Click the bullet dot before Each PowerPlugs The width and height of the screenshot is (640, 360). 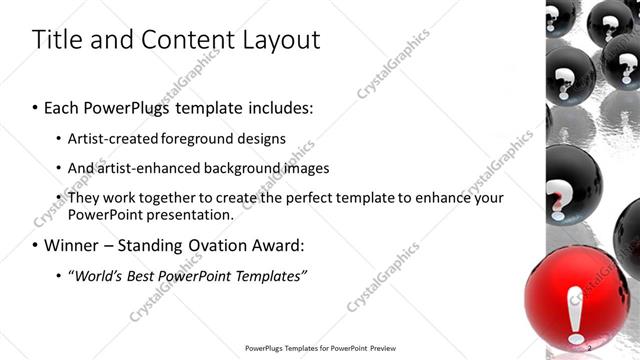(x=36, y=105)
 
